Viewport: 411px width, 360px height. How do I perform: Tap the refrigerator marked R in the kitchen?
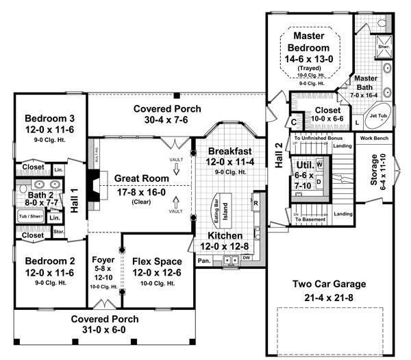pos(255,204)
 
